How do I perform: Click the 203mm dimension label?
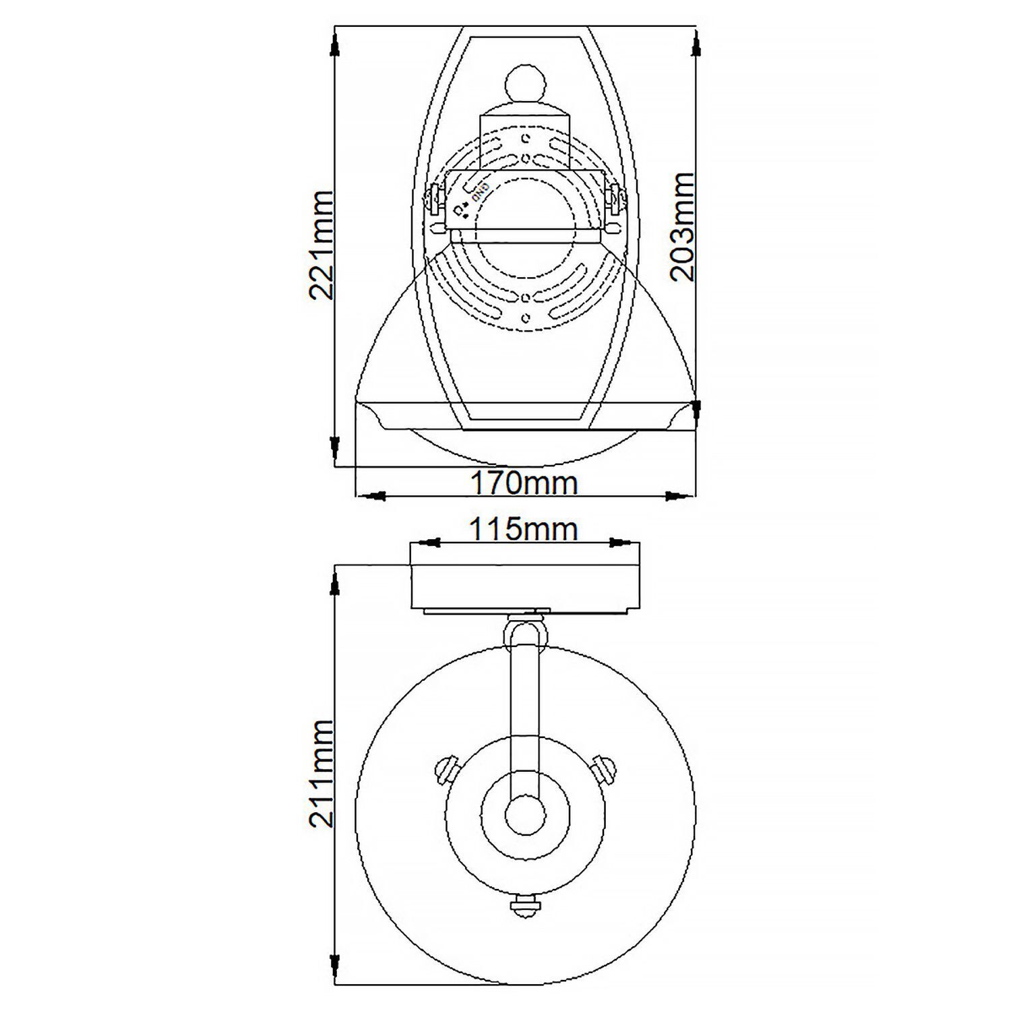tap(682, 226)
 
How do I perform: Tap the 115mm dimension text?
tap(523, 529)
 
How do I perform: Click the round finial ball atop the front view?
tap(525, 84)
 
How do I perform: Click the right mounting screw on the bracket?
tap(614, 200)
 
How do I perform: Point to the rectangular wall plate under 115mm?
tap(524, 584)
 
